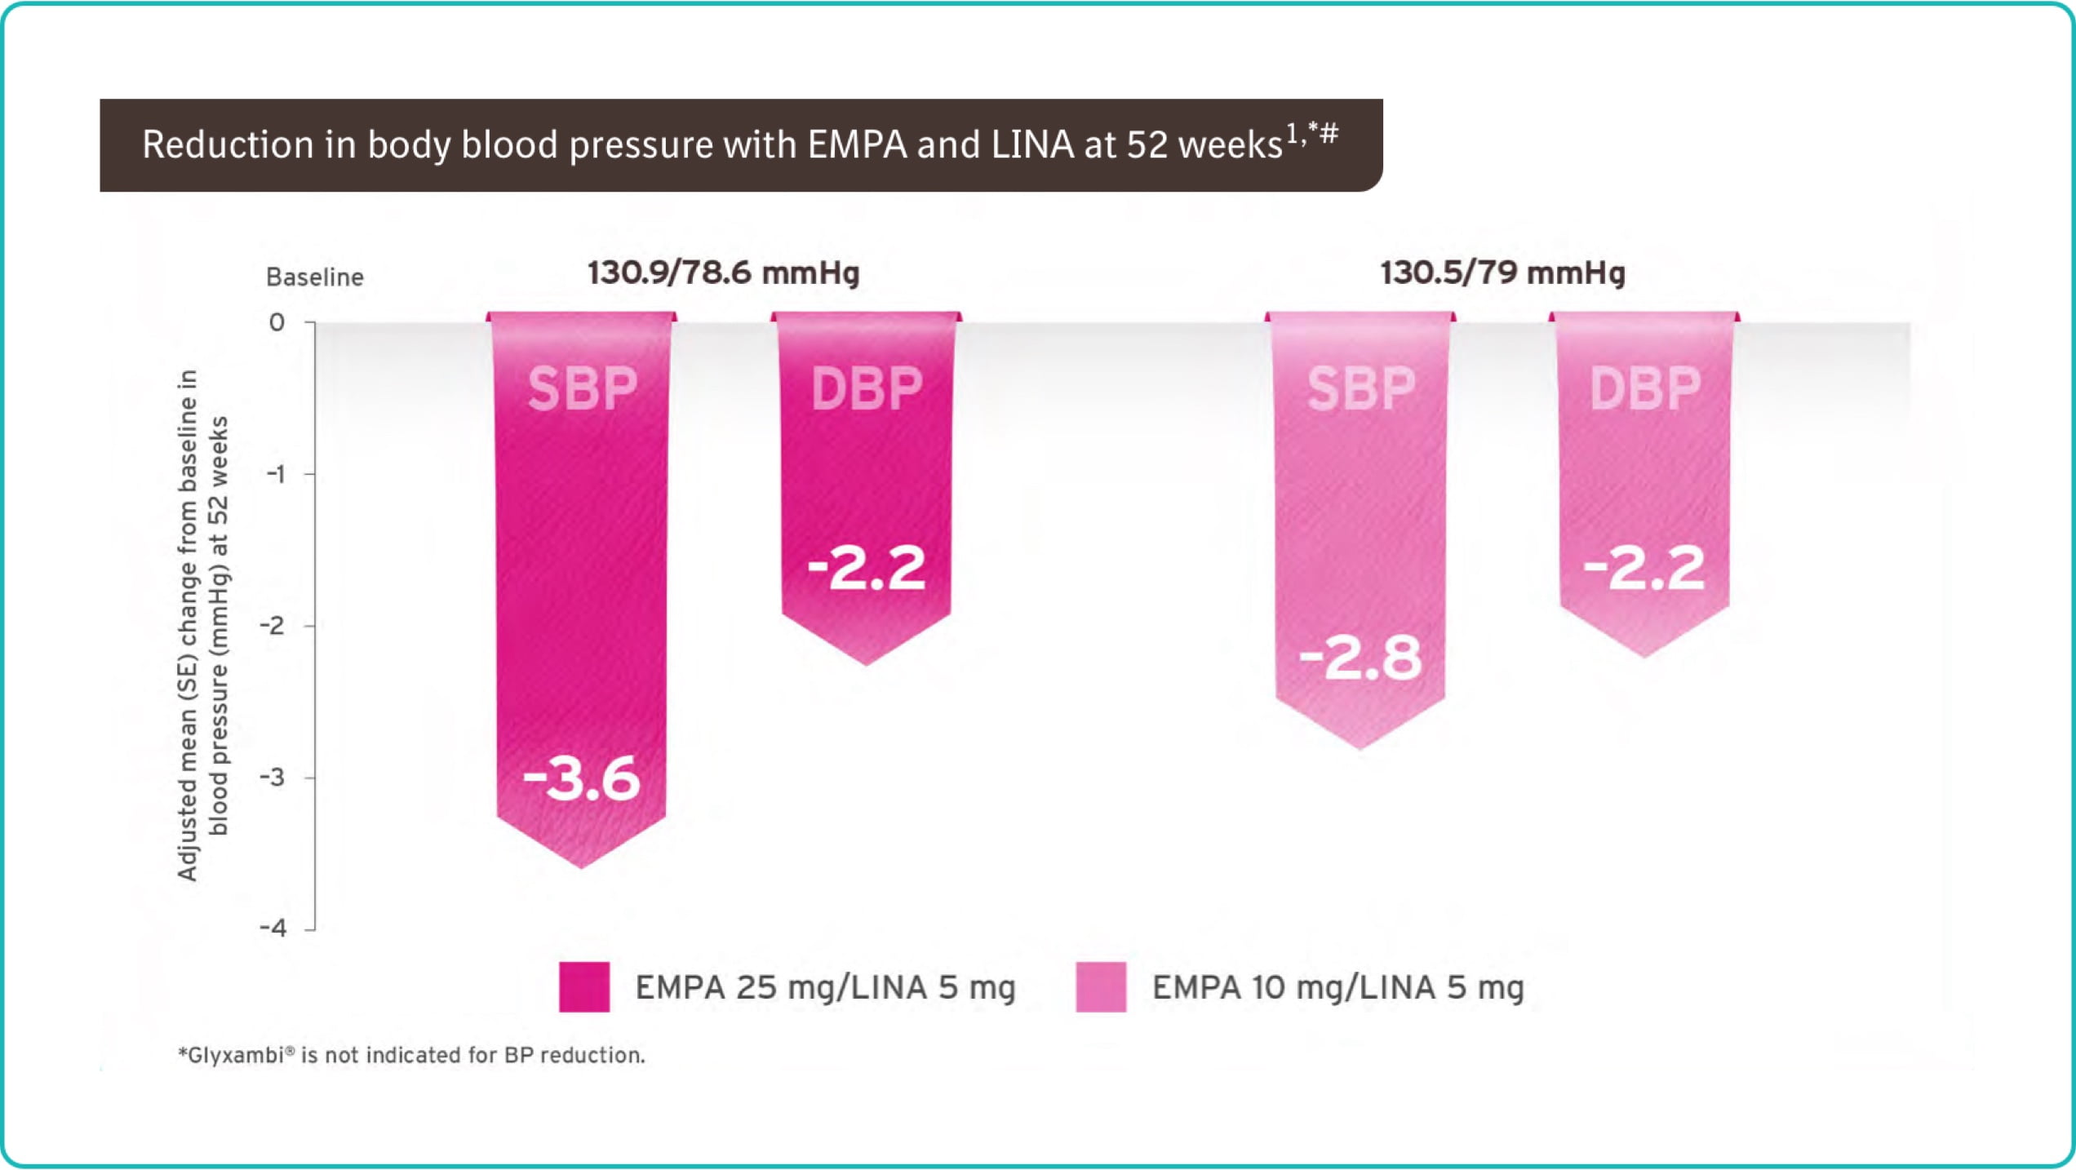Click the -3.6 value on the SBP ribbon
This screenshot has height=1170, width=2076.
pos(581,778)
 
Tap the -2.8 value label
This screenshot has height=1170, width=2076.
pos(1360,658)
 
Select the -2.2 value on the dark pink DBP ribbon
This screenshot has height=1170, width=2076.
pos(866,568)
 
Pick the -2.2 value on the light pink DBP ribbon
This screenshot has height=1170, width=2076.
pos(1643,568)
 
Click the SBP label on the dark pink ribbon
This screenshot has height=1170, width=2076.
pos(582,388)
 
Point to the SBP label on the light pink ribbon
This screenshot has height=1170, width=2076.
pos(1360,388)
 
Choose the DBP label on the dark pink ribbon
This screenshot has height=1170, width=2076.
pos(866,388)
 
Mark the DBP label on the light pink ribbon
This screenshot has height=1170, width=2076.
pos(1644,388)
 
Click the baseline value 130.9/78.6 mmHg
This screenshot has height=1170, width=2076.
pos(723,273)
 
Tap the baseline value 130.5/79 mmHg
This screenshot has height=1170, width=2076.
pos(1502,273)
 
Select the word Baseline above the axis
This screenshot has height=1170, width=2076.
pos(314,277)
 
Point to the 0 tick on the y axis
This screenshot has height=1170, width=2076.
pos(277,322)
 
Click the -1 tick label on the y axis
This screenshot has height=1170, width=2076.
pos(276,474)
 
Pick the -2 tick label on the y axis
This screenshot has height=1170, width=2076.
pos(273,626)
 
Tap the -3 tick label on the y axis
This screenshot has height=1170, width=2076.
pos(273,777)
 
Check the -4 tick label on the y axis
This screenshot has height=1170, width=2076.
pos(273,928)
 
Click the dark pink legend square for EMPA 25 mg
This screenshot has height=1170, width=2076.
pos(584,987)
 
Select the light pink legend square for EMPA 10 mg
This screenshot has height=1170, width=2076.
pos(1101,987)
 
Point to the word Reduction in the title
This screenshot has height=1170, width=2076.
pos(228,145)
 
